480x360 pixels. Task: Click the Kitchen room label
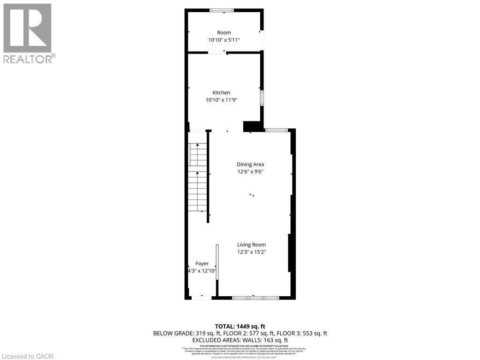coord(221,92)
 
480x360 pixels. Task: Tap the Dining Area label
coord(250,164)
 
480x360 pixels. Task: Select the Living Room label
coord(251,244)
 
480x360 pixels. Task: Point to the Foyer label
coord(202,263)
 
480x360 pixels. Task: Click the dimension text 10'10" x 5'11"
coord(224,40)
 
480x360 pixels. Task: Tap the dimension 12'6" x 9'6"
coord(250,172)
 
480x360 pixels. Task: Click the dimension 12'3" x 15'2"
coord(251,252)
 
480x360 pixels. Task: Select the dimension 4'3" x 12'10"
coord(202,271)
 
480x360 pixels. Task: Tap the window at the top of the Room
coord(224,10)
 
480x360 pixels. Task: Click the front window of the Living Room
coord(255,298)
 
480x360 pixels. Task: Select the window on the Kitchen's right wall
coord(262,98)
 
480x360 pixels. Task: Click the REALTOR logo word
coord(29,59)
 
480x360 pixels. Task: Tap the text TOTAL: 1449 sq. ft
coord(240,326)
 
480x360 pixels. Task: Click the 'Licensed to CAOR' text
coord(27,356)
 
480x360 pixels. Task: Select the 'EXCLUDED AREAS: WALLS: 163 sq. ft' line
coord(240,340)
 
